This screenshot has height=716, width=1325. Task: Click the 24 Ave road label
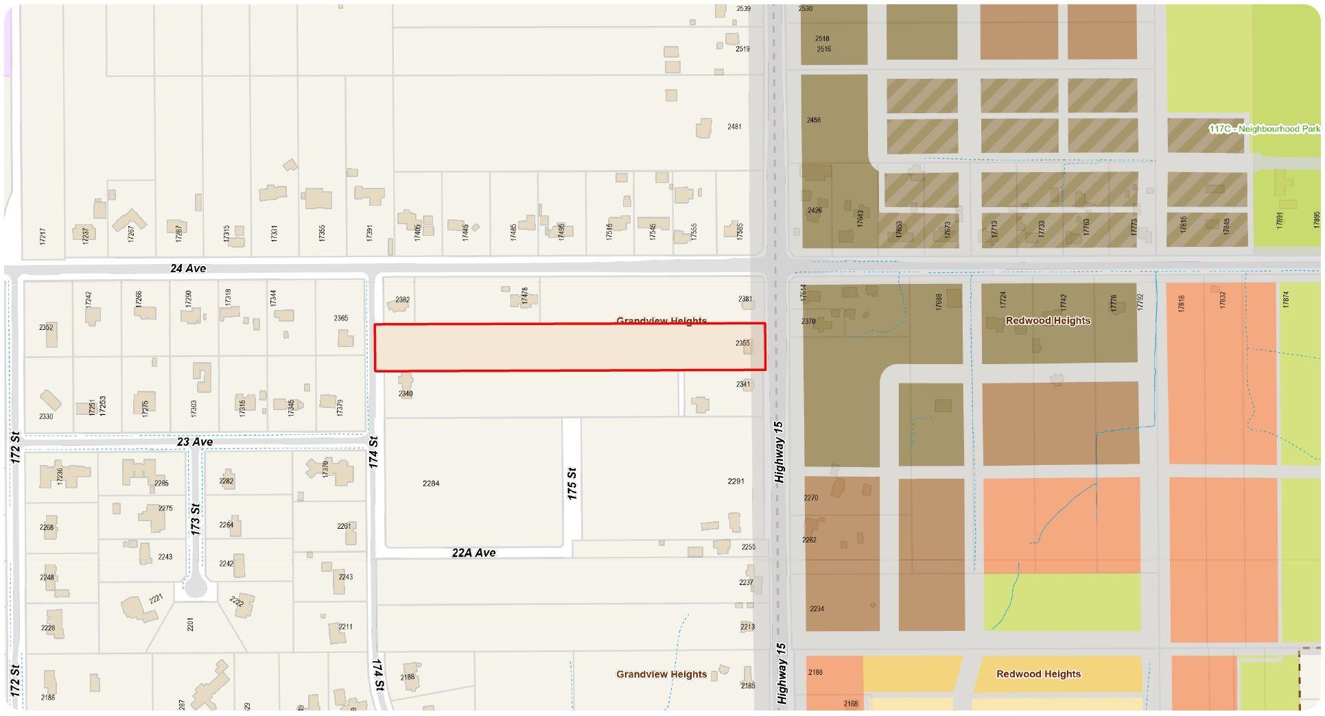(188, 268)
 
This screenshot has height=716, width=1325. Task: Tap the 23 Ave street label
(195, 442)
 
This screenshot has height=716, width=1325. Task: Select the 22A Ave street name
(473, 553)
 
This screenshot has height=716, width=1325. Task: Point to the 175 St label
(572, 484)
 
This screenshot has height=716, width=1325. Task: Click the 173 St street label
(196, 519)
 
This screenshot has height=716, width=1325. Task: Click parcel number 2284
(431, 484)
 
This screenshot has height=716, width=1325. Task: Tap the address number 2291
(736, 481)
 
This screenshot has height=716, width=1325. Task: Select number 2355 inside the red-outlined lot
(742, 343)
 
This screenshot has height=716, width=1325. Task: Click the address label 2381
(745, 299)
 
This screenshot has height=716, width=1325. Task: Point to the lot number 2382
(403, 300)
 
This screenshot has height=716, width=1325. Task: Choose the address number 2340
(406, 394)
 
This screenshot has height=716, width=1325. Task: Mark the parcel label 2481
(734, 127)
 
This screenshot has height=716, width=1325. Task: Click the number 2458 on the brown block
(814, 120)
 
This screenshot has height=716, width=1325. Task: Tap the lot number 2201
(191, 624)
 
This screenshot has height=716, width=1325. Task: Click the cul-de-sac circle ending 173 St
(196, 588)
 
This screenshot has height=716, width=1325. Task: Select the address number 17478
(525, 296)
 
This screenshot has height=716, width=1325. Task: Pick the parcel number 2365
(341, 318)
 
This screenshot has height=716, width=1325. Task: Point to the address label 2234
(817, 609)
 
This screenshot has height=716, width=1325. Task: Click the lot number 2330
(46, 416)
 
